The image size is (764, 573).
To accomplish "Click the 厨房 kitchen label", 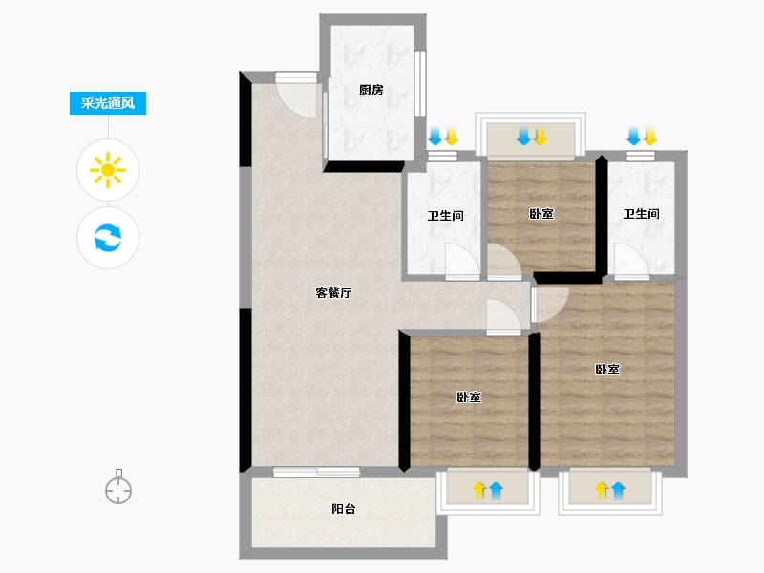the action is tap(371, 90).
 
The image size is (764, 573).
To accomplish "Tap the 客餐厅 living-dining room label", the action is tap(333, 293).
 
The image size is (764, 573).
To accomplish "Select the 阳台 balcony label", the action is tap(344, 509).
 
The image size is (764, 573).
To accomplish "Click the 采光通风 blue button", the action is tap(108, 103).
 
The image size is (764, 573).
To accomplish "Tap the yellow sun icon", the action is tap(108, 170).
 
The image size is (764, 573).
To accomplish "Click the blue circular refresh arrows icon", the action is tap(108, 238).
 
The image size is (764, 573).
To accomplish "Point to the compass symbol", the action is tap(118, 487).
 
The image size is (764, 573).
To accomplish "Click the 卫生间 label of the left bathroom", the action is tap(445, 216).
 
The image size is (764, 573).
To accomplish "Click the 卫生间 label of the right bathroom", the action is tap(641, 213).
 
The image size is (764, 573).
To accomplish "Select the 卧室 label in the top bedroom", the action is tap(541, 213).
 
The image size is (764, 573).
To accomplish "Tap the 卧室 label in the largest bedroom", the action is tap(607, 370).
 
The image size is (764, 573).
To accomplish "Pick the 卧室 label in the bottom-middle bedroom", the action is tap(469, 397).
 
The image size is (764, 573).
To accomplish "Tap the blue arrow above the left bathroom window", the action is tap(435, 136).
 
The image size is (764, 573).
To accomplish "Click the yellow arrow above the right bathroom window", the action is tap(650, 136).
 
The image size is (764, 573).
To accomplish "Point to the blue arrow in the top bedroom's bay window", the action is tap(523, 136).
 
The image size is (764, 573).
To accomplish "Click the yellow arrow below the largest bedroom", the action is tap(602, 491).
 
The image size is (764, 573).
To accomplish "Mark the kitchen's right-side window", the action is tap(420, 83).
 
